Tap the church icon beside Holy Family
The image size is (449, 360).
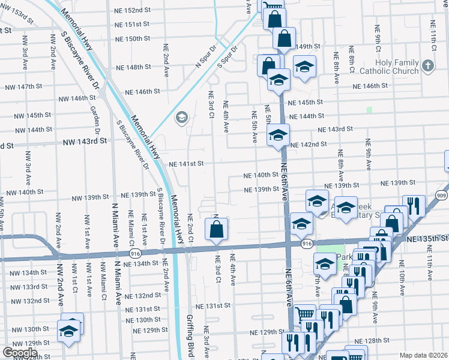[x=427, y=66]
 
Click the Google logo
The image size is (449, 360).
[x=20, y=353]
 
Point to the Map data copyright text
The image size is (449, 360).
[x=423, y=355]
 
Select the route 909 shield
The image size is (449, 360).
[x=441, y=196]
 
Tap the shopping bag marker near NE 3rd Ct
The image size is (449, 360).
[x=216, y=228]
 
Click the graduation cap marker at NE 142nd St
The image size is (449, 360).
[x=278, y=135]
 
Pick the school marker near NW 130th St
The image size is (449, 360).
[x=69, y=330]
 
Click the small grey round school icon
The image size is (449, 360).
[x=181, y=118]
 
